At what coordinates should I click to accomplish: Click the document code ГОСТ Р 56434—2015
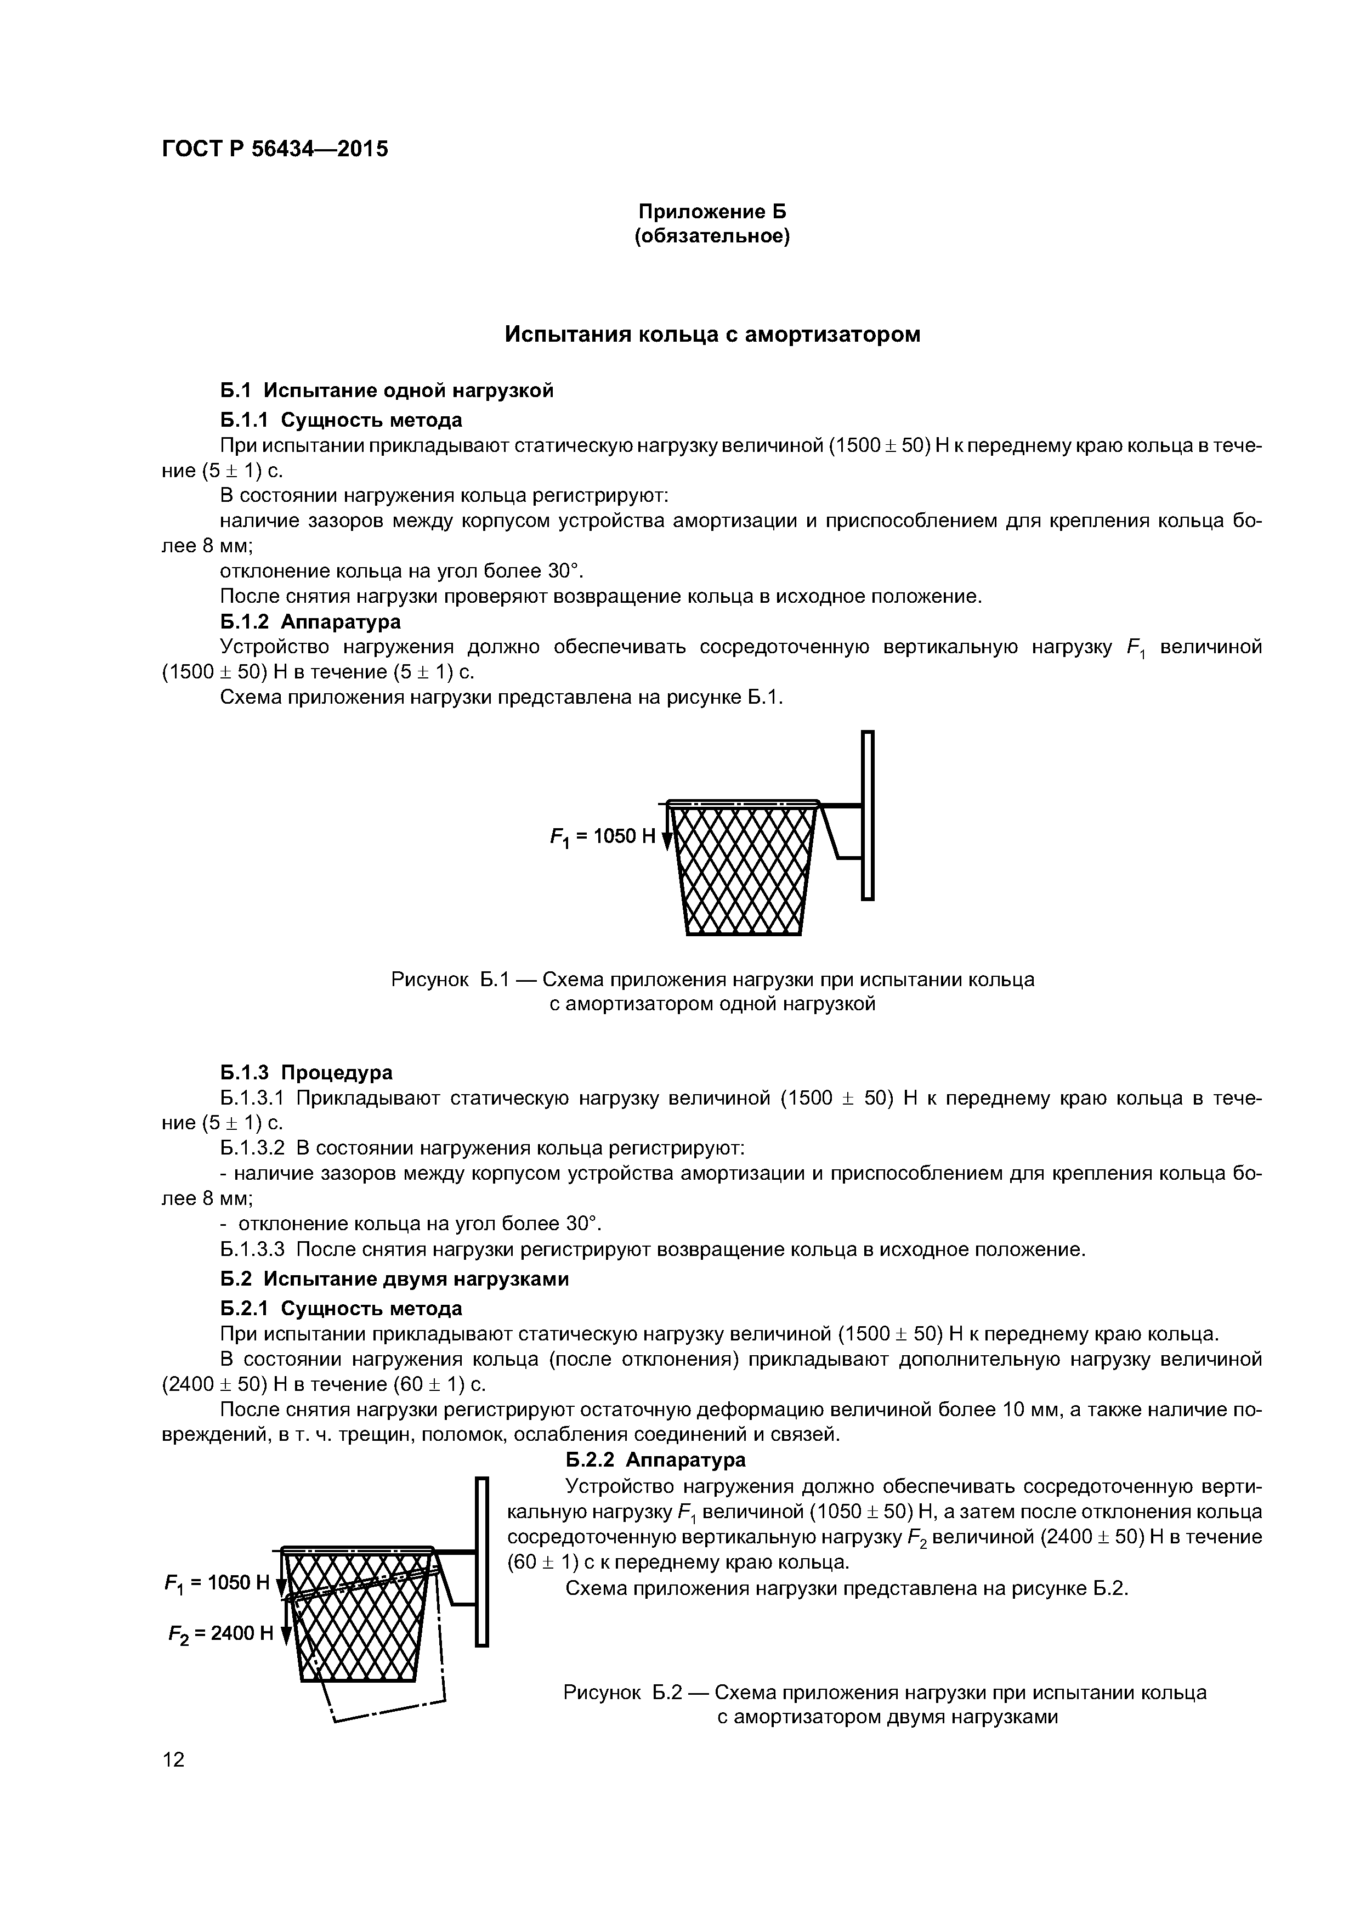[275, 149]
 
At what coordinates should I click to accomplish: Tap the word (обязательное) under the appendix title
[712, 237]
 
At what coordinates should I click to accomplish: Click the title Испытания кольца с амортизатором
[712, 335]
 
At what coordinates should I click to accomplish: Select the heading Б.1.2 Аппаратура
[310, 622]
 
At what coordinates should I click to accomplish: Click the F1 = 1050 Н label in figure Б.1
[603, 836]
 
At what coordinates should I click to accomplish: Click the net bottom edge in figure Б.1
[743, 933]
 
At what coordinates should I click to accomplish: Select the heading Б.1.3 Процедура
[306, 1073]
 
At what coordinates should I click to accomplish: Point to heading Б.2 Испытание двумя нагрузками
[394, 1280]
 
